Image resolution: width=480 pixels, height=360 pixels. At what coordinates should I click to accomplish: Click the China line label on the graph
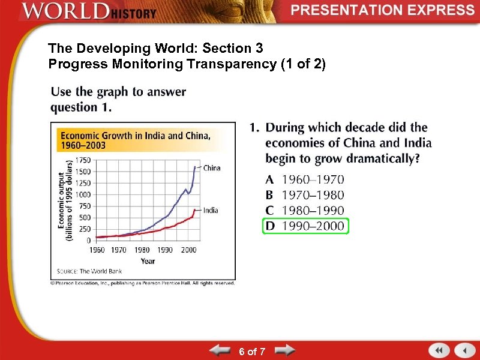[x=212, y=168]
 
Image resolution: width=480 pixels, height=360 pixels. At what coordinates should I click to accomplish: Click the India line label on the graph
[x=211, y=210]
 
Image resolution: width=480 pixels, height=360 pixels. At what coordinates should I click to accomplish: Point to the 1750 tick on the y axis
[x=83, y=160]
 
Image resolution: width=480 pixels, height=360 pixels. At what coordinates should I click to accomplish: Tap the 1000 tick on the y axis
[x=83, y=194]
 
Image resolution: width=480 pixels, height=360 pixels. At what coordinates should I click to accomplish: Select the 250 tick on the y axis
[x=85, y=229]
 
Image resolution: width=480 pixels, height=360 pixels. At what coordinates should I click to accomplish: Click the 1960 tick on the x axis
[x=97, y=250]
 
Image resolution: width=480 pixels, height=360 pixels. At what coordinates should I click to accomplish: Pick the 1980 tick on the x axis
[x=142, y=250]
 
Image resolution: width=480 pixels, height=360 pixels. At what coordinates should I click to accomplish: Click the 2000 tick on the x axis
[x=188, y=250]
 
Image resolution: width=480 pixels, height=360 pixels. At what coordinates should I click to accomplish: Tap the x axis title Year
[x=148, y=260]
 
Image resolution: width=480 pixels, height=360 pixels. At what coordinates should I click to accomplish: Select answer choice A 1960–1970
[x=305, y=179]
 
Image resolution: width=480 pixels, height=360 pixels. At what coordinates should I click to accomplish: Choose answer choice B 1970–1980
[x=305, y=194]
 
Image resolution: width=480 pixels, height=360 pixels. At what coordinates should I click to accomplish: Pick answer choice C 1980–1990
[x=305, y=211]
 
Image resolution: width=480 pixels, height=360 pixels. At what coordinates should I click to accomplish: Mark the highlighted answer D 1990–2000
[x=305, y=226]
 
